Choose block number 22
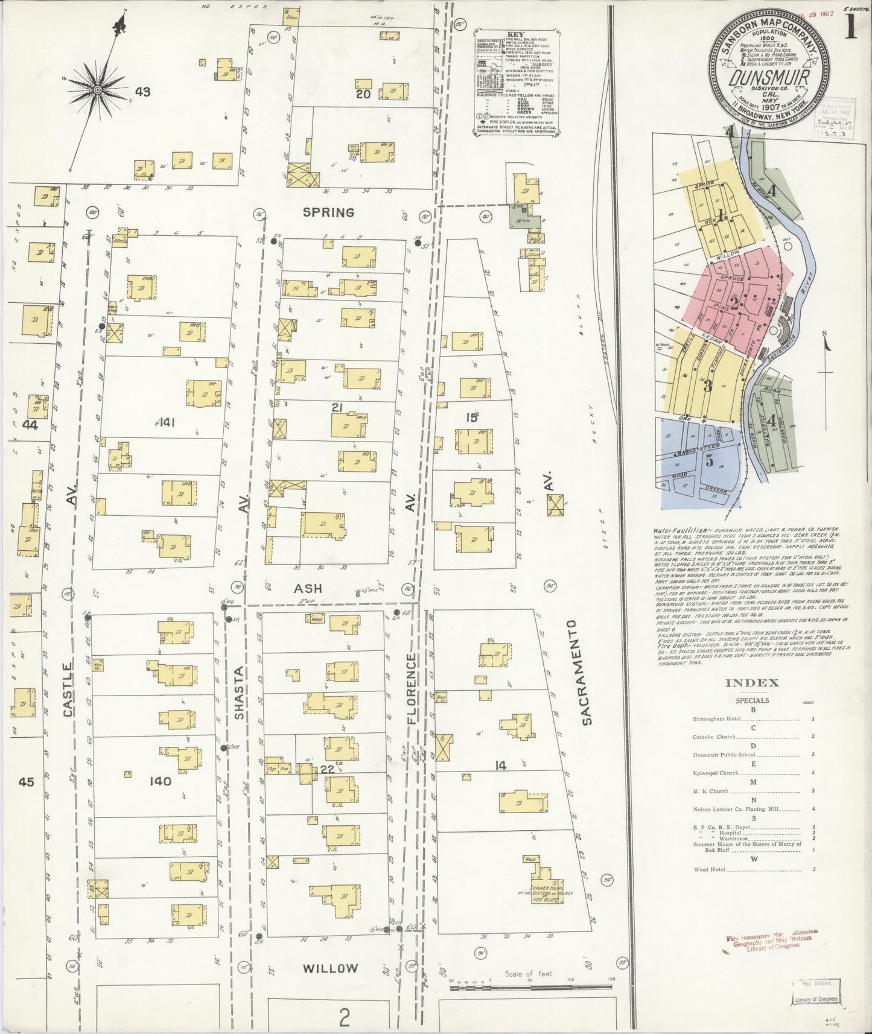point(326,770)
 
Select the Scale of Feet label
point(527,974)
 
